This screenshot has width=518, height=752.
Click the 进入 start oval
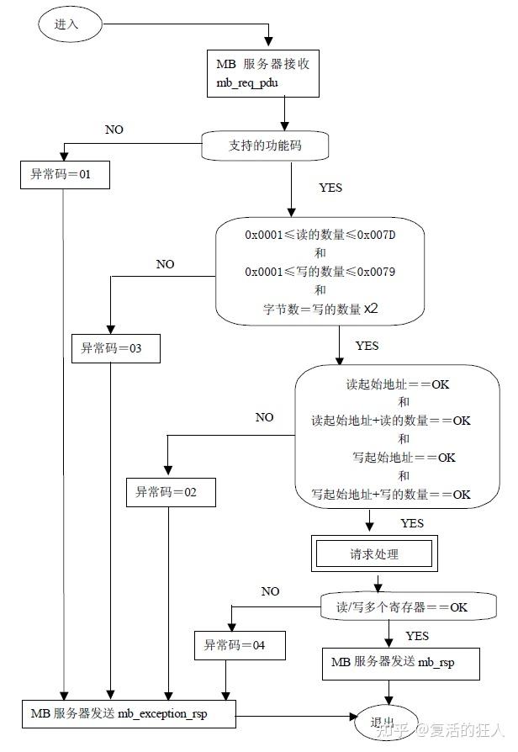click(x=66, y=24)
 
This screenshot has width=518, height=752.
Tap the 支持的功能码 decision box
click(x=264, y=146)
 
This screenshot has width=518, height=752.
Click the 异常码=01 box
click(x=65, y=175)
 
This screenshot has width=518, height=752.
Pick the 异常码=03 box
click(x=115, y=348)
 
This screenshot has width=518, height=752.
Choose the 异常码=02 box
click(x=171, y=492)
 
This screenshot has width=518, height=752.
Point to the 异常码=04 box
click(x=240, y=646)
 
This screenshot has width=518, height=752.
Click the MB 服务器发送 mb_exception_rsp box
click(x=129, y=714)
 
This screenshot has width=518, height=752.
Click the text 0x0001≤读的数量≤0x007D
click(x=320, y=235)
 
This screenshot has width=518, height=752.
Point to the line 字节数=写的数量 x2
click(x=320, y=309)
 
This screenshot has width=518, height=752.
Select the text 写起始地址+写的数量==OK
click(x=391, y=495)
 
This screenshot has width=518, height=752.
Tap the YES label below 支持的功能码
click(x=330, y=188)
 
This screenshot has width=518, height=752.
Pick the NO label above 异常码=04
click(x=270, y=591)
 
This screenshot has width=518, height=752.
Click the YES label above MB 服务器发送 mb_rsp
click(x=417, y=635)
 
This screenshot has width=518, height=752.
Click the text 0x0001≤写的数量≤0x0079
click(x=320, y=272)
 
